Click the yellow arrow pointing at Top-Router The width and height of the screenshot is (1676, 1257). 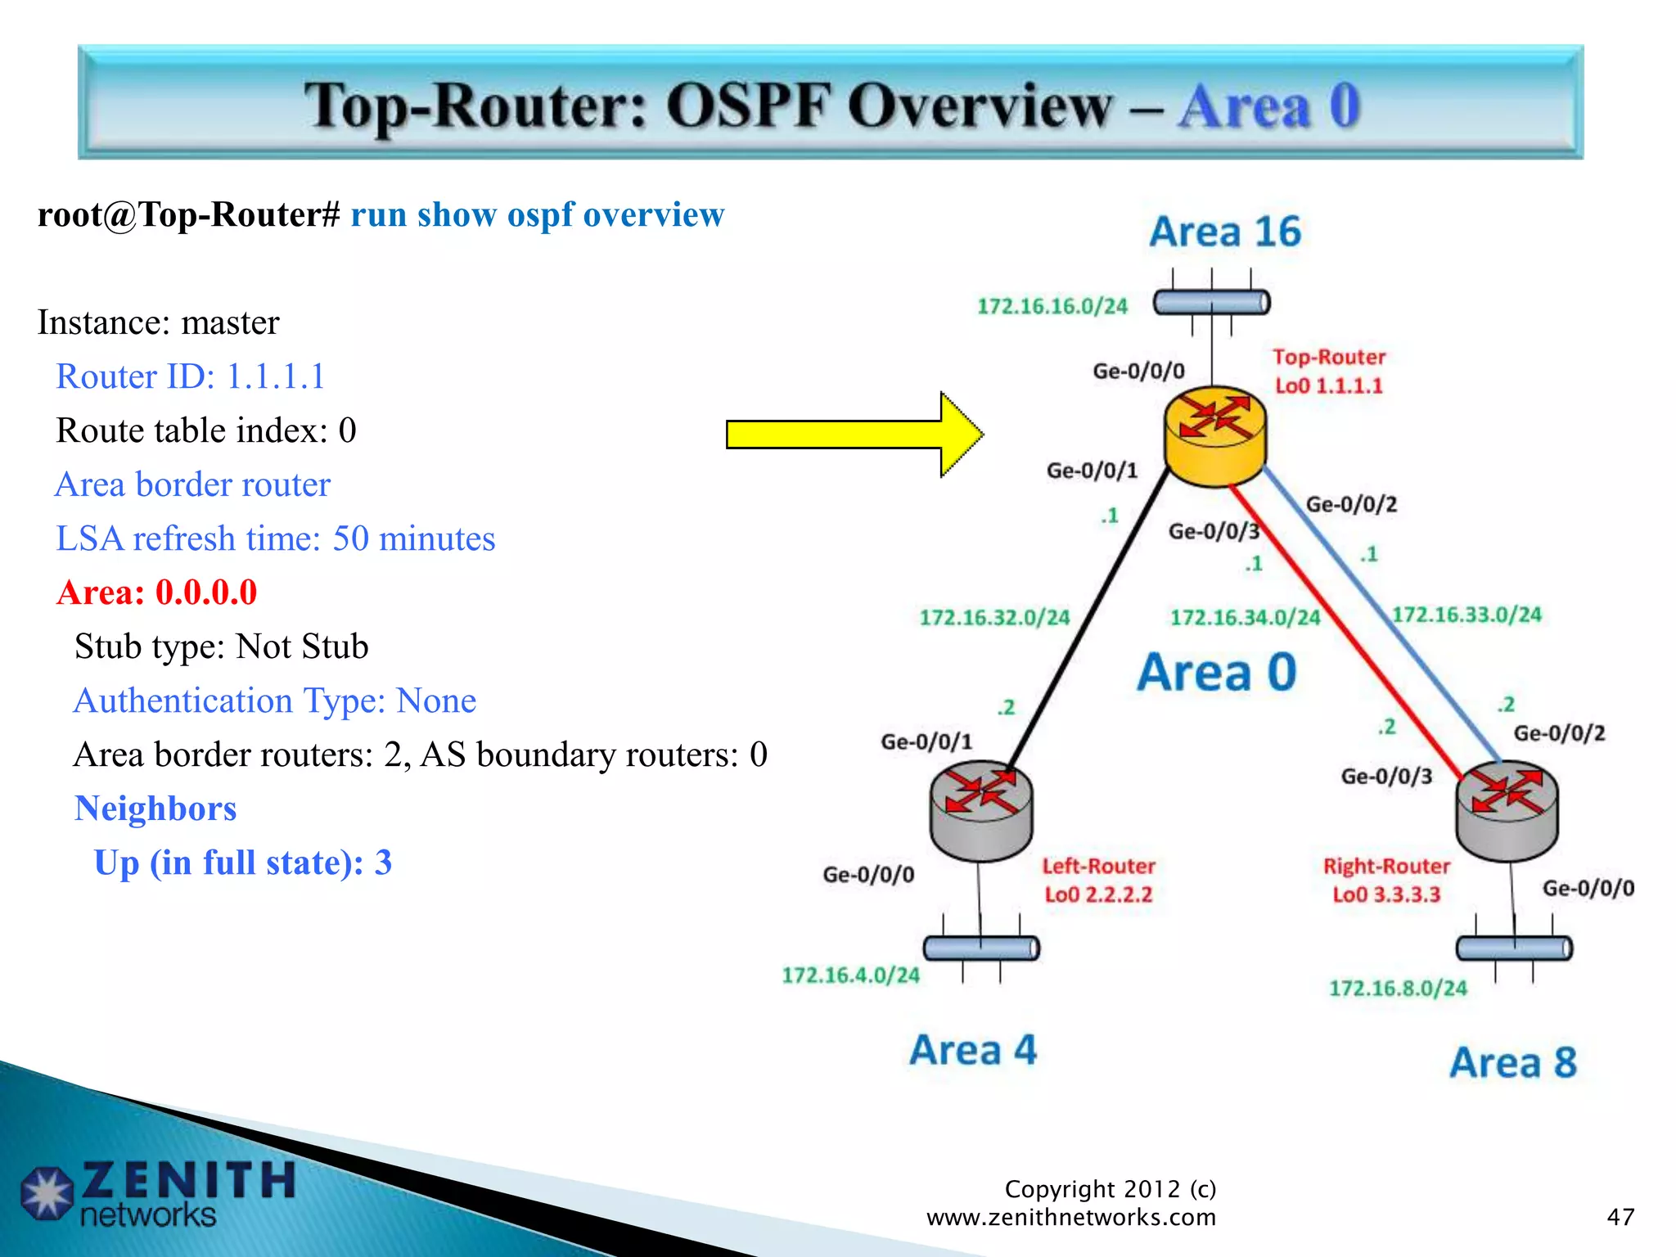tap(851, 435)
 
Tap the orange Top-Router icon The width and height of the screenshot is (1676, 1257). tap(1215, 435)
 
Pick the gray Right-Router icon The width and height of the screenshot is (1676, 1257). tap(1507, 810)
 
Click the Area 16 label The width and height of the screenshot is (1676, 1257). tap(1225, 232)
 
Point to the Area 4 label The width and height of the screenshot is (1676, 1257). tap(973, 1050)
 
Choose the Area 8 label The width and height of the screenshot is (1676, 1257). tap(1513, 1062)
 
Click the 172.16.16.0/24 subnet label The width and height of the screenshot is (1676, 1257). tap(1052, 306)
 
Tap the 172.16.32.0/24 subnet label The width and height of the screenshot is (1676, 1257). tap(994, 617)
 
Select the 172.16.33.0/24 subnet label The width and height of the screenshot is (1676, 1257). tap(1466, 615)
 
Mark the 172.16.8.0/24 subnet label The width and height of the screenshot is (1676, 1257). tap(1398, 989)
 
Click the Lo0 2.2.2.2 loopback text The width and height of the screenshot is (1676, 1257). tap(1098, 894)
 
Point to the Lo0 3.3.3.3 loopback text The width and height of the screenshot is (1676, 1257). tap(1386, 894)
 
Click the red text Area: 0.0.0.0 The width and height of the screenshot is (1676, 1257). tap(157, 592)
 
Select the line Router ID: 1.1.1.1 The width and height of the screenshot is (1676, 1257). tap(190, 376)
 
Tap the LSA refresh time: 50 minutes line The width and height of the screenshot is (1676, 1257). tap(275, 538)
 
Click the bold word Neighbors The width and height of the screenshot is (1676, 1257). tap(155, 809)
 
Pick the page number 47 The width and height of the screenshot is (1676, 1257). tap(1620, 1217)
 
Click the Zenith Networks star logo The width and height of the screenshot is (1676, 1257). tap(47, 1193)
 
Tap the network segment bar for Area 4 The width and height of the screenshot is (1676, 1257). tap(981, 948)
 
